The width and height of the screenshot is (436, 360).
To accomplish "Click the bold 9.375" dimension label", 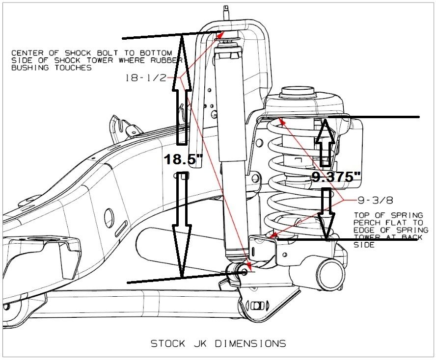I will (x=332, y=177).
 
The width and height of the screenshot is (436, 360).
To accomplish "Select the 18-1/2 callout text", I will (x=146, y=77).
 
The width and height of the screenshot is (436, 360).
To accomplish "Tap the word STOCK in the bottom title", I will (x=166, y=343).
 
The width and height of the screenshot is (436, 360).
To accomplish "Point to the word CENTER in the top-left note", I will (x=26, y=52).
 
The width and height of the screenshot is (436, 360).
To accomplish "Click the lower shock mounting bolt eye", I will (x=243, y=271).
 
